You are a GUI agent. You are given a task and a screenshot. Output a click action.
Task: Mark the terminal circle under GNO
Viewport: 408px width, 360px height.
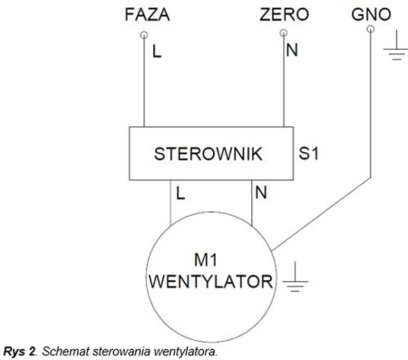(x=370, y=29)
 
